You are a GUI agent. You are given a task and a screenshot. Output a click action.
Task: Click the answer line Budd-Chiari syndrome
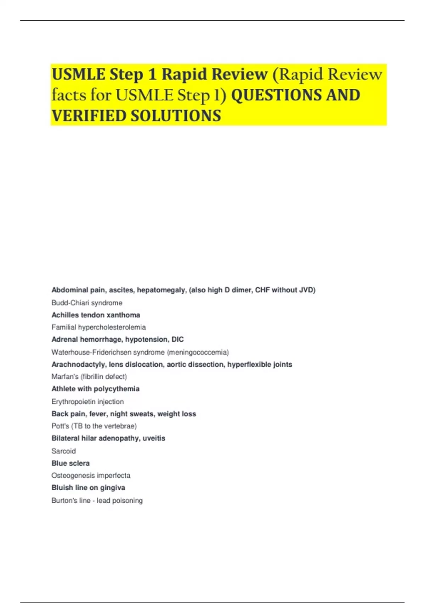point(87,303)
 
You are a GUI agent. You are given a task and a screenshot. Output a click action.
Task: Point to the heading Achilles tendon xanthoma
point(96,315)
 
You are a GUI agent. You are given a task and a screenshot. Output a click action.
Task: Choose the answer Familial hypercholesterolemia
point(98,327)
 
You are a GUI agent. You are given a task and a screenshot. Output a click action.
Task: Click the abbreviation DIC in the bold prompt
point(177,339)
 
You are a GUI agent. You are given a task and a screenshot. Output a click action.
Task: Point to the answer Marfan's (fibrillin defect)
point(89,376)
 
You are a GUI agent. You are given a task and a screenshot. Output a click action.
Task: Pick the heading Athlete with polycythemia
point(95,389)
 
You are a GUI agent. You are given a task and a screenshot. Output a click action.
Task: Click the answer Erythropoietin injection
point(87,402)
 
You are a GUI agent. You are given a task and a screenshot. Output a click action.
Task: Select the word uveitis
point(154,438)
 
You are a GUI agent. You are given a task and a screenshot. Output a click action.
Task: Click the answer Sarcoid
point(63,451)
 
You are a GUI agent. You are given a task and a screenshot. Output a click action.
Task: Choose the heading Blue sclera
point(70,463)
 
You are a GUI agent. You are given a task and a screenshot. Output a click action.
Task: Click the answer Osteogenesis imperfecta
point(91,475)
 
